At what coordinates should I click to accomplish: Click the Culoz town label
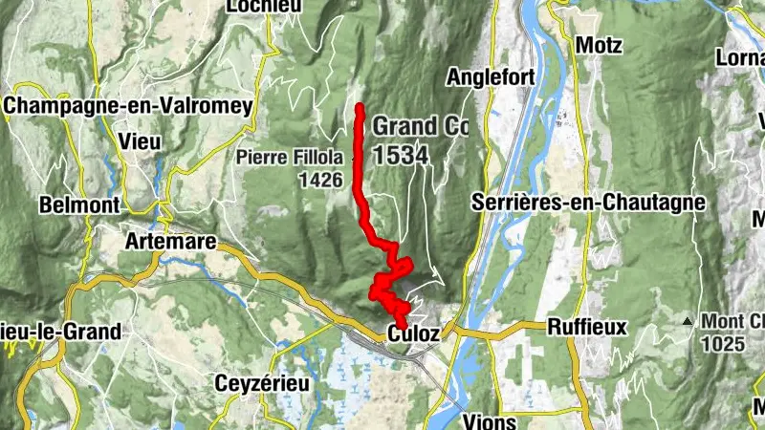[x=413, y=333]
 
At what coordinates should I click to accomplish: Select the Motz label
[x=599, y=45]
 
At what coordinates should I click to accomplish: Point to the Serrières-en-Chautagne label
[x=588, y=203]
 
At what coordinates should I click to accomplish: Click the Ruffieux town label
[x=587, y=327]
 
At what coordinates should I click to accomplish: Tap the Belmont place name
[x=78, y=204]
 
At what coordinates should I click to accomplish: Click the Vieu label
[x=140, y=140]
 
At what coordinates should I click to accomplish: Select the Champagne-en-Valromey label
[x=128, y=106]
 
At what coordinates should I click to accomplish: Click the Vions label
[x=490, y=420]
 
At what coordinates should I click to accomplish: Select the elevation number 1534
[x=400, y=155]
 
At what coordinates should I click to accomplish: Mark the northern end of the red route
[x=360, y=107]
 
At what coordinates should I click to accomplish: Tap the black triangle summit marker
[x=687, y=322]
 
